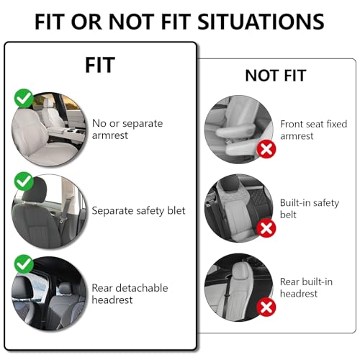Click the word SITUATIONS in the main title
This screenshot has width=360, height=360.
click(x=261, y=22)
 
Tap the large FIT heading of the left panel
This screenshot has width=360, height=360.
click(x=100, y=65)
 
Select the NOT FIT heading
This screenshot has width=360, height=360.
click(x=276, y=76)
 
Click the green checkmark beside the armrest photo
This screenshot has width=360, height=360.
click(x=24, y=99)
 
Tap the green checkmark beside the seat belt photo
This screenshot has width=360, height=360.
click(x=24, y=181)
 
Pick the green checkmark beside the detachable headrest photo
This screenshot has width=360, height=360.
click(x=24, y=264)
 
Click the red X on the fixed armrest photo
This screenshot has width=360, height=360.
click(x=266, y=149)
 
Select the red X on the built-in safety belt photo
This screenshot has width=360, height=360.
click(x=266, y=228)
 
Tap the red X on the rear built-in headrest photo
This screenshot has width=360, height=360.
click(x=266, y=307)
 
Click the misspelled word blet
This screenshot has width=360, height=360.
click(x=176, y=211)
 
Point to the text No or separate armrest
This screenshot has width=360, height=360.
click(x=127, y=130)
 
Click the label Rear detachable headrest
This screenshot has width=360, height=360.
click(x=130, y=294)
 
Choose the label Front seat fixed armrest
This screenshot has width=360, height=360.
click(x=314, y=130)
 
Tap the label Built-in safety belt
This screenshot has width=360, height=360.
click(x=310, y=209)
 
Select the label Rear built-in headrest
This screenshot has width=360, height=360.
click(x=306, y=287)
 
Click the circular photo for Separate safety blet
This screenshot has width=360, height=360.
click(x=49, y=212)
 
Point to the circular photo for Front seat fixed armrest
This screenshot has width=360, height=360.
click(x=239, y=130)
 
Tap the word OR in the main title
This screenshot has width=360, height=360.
click(x=86, y=22)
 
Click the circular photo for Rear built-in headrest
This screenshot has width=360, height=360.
click(x=239, y=287)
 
